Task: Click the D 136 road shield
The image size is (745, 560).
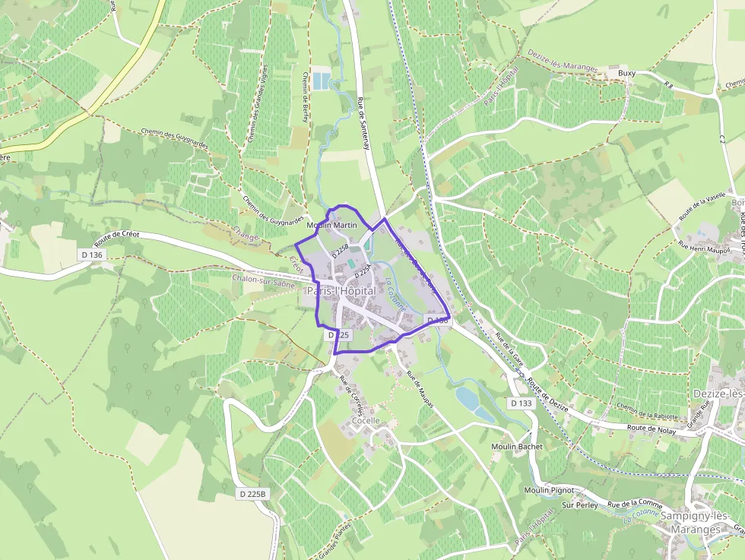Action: [90, 254]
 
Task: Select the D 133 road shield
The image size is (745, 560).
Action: [521, 403]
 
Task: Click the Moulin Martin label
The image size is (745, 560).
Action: [331, 226]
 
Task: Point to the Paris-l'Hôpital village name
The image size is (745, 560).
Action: [342, 292]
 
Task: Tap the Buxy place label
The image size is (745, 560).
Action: [627, 73]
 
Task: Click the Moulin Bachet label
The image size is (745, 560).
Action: [518, 446]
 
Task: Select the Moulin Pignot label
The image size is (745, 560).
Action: [549, 490]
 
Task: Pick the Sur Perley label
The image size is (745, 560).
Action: [579, 505]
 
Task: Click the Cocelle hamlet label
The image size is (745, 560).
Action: [365, 420]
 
